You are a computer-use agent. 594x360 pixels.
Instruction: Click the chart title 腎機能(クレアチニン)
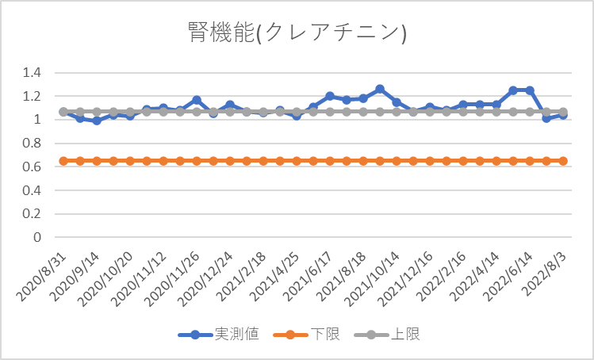pyautogui.click(x=297, y=33)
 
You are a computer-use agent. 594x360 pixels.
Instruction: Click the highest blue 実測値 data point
pyautogui.click(x=380, y=89)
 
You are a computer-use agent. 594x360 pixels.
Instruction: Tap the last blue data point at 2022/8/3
pyautogui.click(x=563, y=115)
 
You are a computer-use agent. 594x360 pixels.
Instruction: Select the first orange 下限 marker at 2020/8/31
pyautogui.click(x=63, y=161)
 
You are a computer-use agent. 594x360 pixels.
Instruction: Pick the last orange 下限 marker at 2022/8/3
pyautogui.click(x=563, y=161)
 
